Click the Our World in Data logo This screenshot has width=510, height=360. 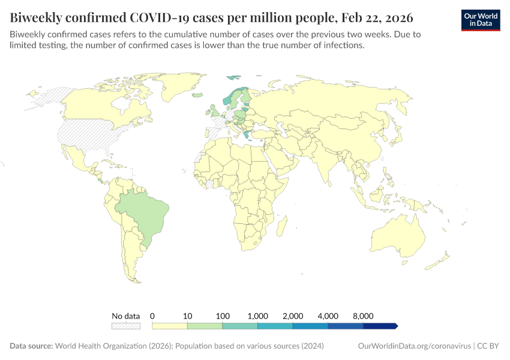(x=480, y=20)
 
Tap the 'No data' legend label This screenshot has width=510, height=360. (x=125, y=316)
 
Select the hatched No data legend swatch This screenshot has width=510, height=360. (x=125, y=326)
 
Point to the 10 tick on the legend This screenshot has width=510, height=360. (x=187, y=316)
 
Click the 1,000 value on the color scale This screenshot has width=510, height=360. (x=257, y=316)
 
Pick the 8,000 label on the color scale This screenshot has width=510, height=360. (x=363, y=316)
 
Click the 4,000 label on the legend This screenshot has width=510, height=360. (x=328, y=316)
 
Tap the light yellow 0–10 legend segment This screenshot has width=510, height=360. (x=170, y=326)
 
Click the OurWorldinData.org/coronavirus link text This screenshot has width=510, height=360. (x=413, y=346)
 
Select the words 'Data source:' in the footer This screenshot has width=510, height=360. (x=31, y=346)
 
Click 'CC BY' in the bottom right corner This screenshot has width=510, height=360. (x=489, y=346)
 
